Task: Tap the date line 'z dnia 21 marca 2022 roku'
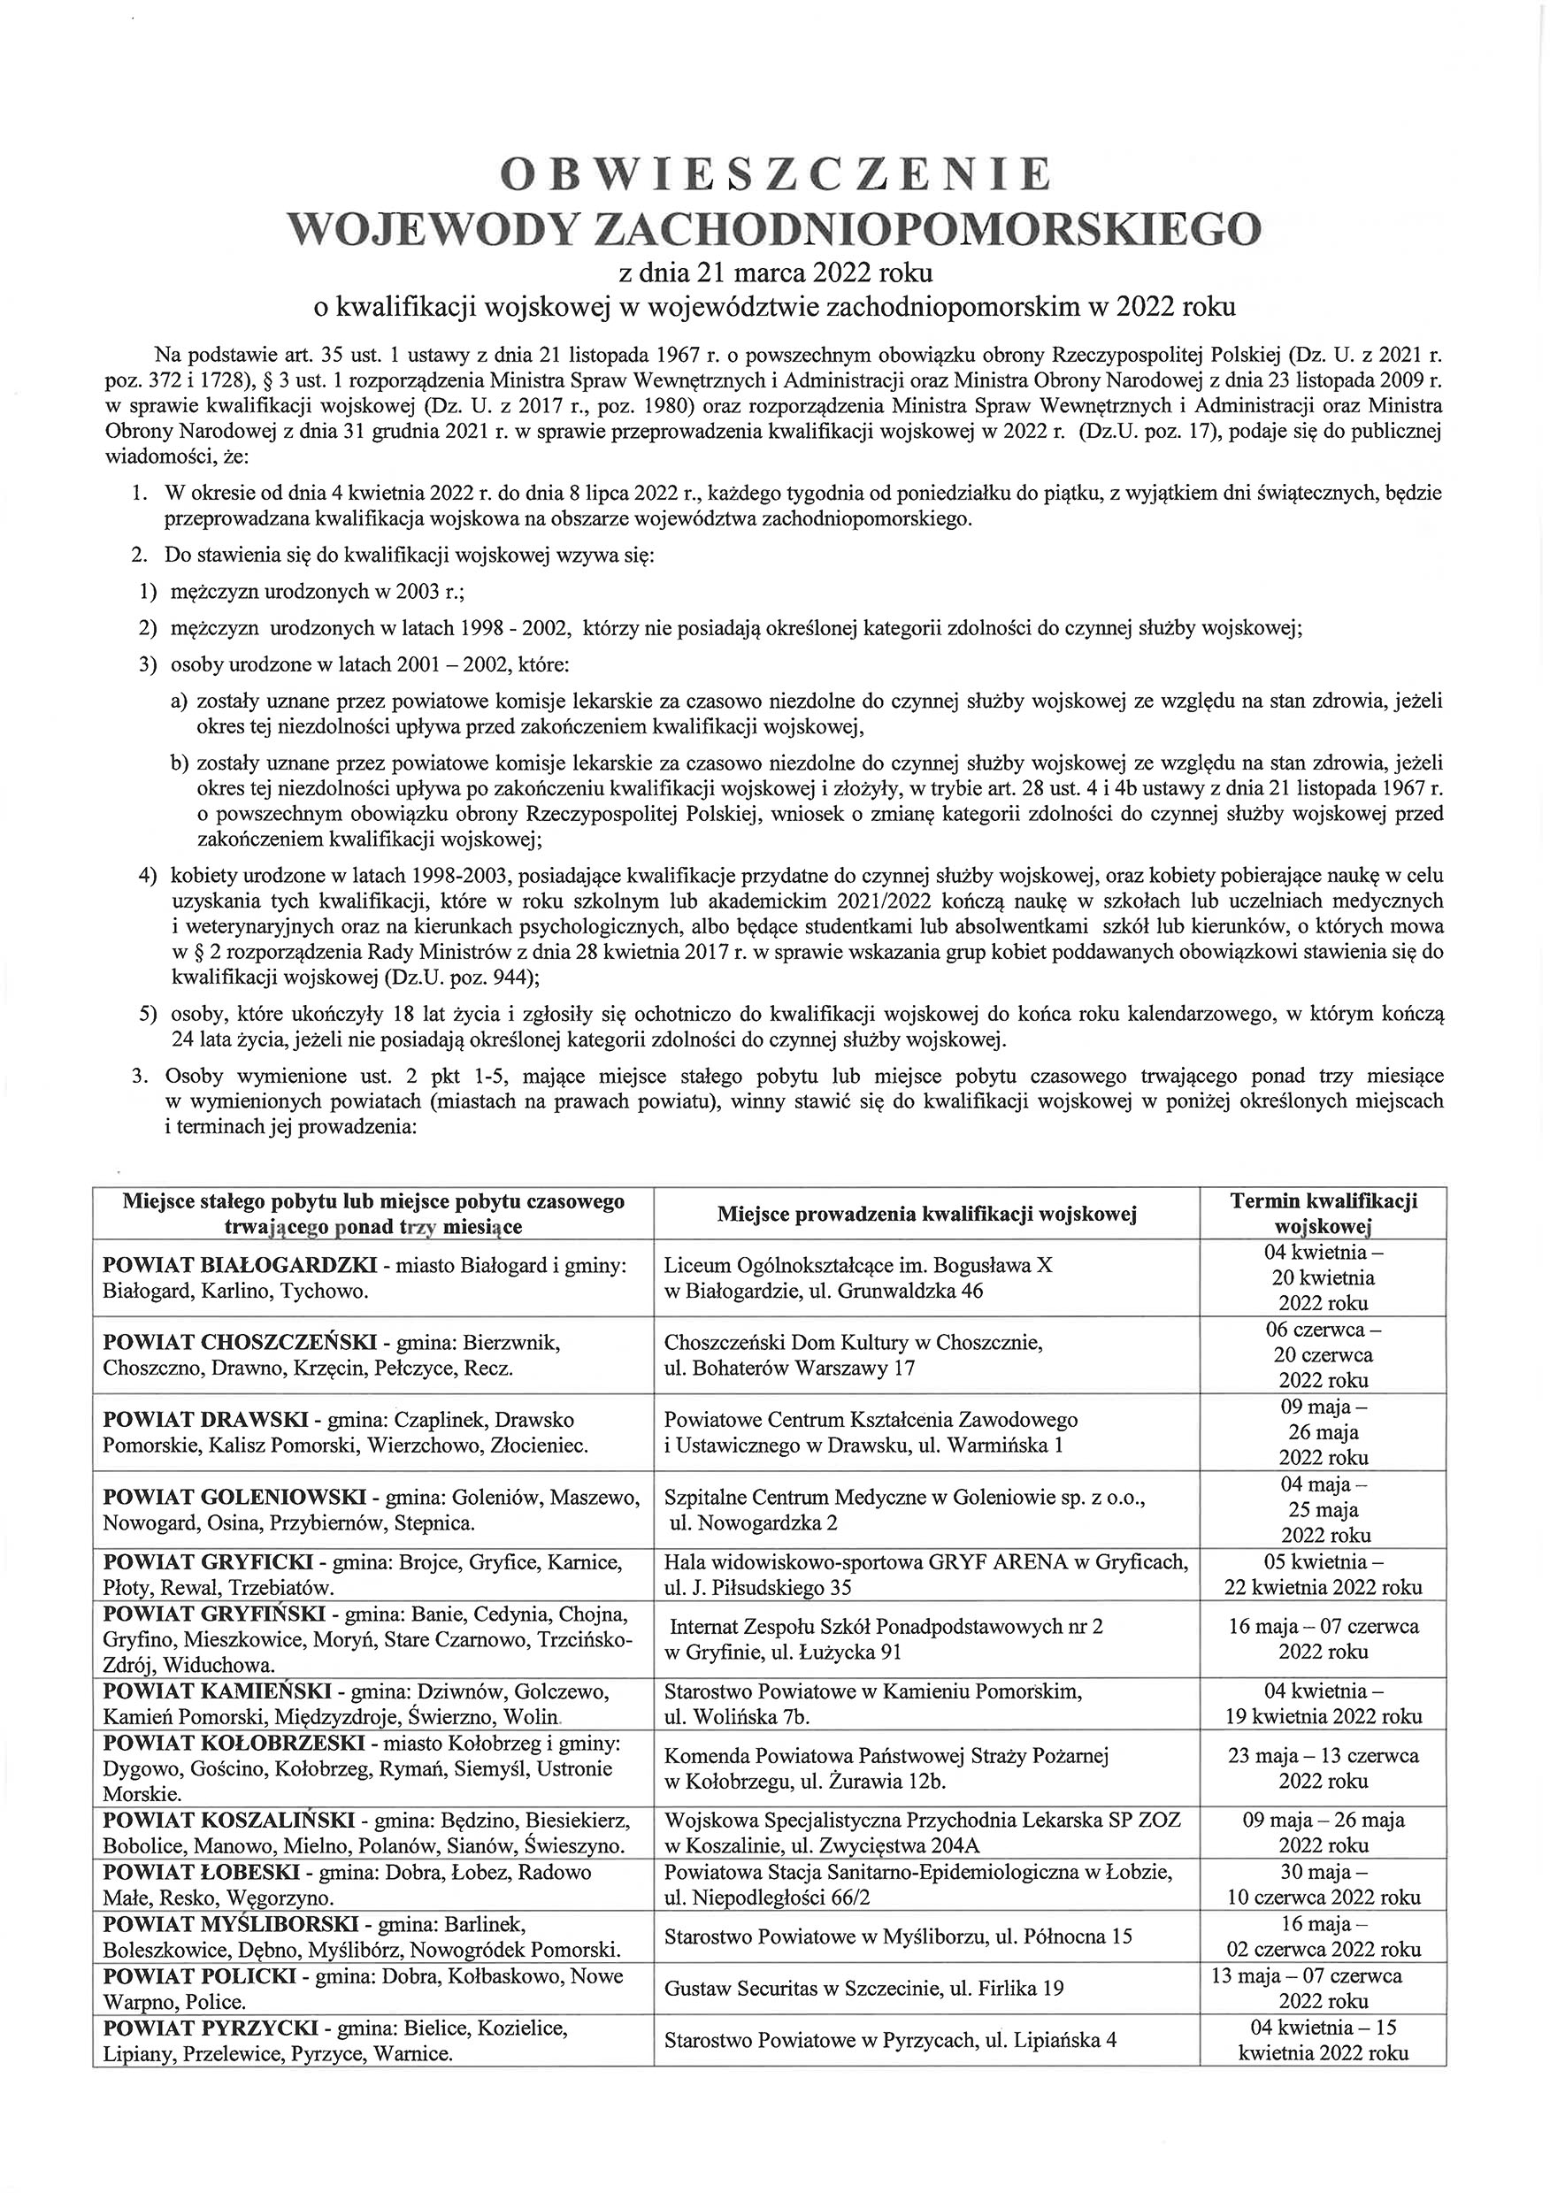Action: point(774,273)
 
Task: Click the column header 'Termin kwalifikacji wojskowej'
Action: point(1323,1213)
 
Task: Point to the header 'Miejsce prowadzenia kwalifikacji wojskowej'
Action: point(926,1214)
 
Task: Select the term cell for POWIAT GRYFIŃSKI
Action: point(1323,1639)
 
